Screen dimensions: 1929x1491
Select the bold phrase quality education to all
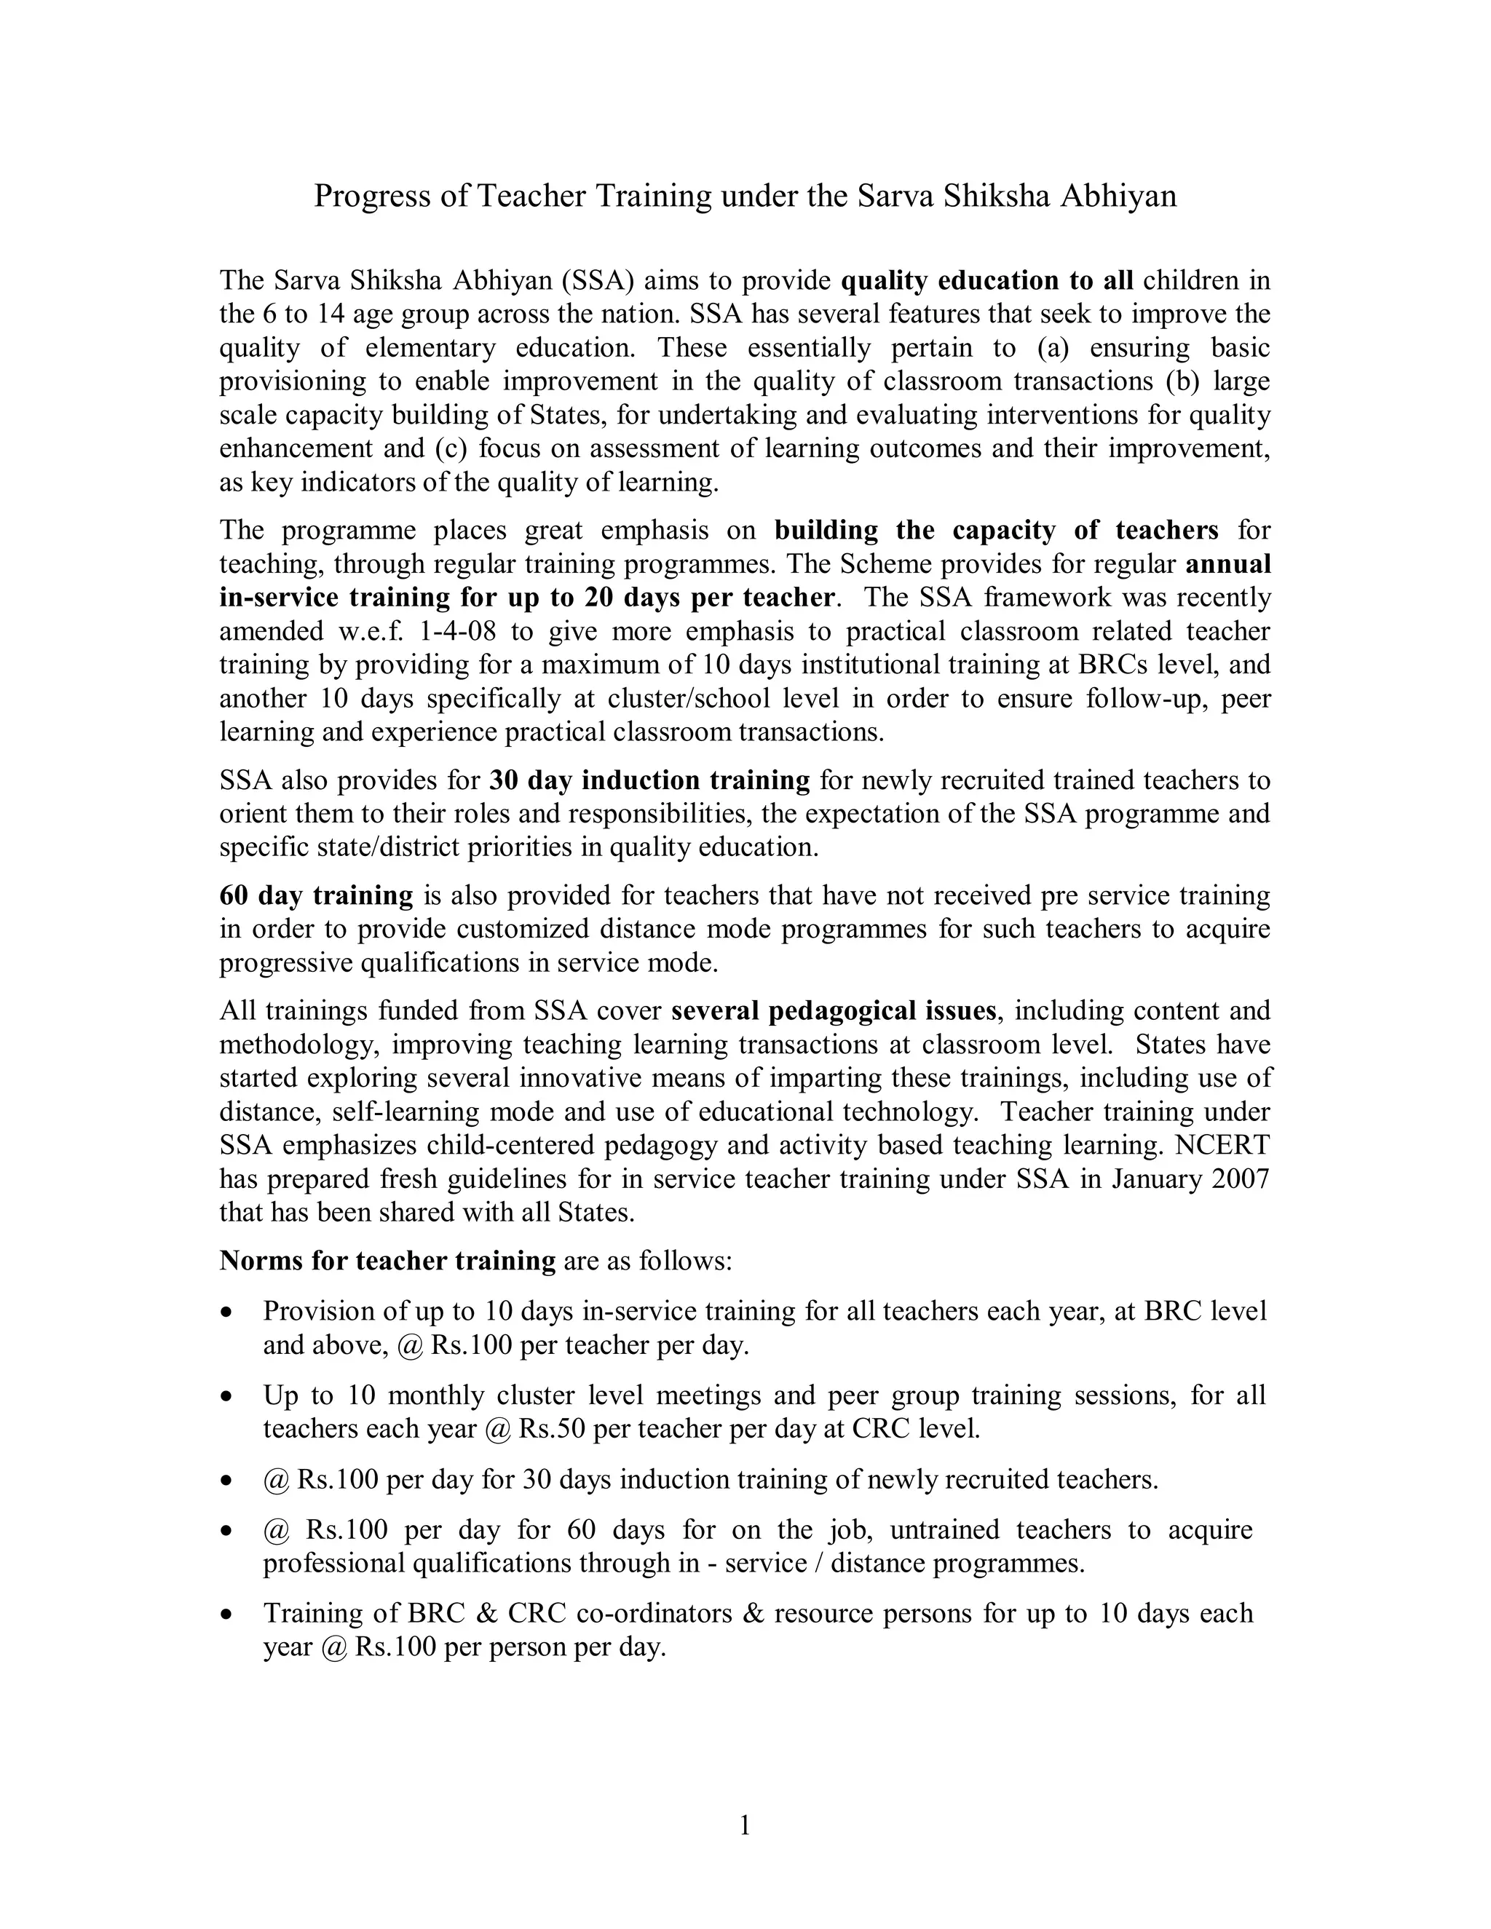click(986, 281)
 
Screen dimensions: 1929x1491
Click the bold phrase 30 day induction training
click(649, 781)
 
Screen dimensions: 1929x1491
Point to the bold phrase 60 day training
click(316, 895)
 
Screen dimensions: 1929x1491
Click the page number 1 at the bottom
click(745, 1825)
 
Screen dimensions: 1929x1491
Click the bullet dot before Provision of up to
click(228, 1312)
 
